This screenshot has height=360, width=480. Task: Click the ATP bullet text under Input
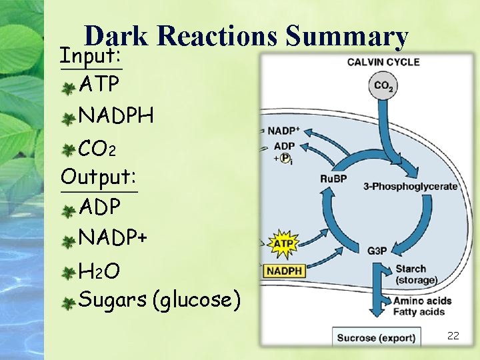[100, 85]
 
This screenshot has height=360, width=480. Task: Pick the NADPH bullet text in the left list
[116, 115]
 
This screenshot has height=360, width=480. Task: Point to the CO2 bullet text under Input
[98, 147]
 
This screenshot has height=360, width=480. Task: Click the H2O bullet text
[99, 271]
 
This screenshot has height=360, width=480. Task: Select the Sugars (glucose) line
[159, 300]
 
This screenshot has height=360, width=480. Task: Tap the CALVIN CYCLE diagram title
[383, 62]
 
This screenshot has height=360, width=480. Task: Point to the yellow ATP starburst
[284, 244]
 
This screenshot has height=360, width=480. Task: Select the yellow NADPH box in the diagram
[284, 271]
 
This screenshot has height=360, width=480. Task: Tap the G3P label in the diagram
[377, 251]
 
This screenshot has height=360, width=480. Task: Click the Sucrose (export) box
[376, 337]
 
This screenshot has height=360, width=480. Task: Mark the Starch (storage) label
[416, 274]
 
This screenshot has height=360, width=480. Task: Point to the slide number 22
[453, 335]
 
